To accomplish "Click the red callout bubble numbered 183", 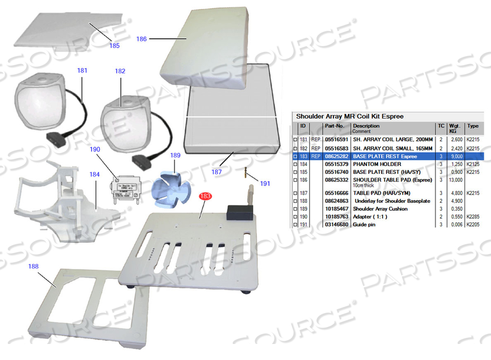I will (205, 196).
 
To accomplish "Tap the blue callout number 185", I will (114, 46).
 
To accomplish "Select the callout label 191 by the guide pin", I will (265, 183).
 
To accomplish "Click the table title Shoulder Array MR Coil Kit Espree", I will (350, 116).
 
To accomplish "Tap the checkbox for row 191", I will (295, 224).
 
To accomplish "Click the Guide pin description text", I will (365, 224).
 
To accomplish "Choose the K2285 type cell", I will (473, 216).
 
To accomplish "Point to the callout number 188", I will (34, 266).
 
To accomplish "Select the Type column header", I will (472, 126).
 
